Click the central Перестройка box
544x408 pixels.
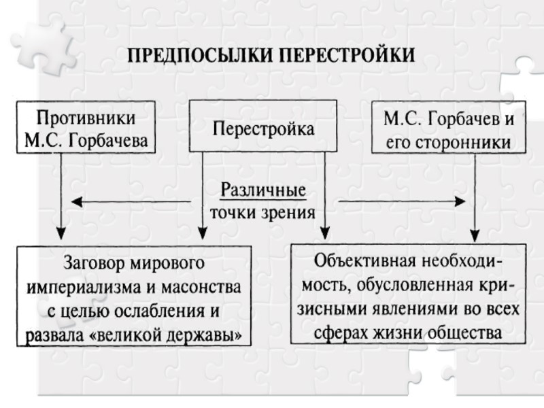pyautogui.click(x=264, y=126)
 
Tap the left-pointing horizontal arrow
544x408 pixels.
pyautogui.click(x=129, y=201)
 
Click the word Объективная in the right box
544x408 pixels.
pyautogui.click(x=364, y=261)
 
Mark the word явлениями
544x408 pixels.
pyautogui.click(x=415, y=309)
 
